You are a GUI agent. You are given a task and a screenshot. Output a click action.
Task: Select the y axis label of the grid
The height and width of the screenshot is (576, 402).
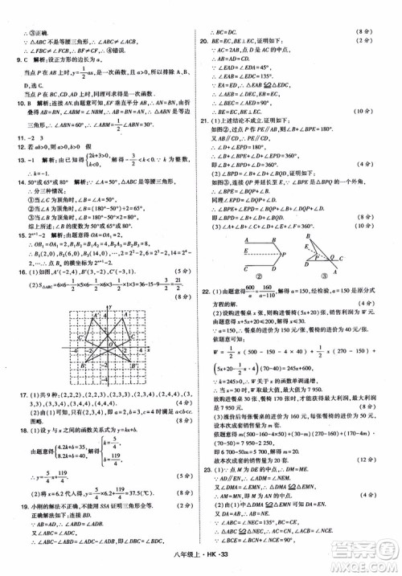tap(111, 308)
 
